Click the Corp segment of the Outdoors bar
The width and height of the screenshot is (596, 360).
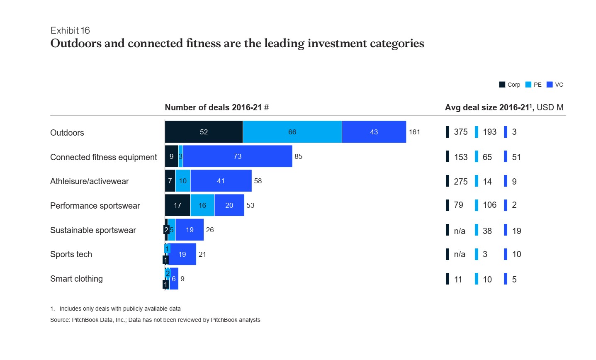pyautogui.click(x=204, y=132)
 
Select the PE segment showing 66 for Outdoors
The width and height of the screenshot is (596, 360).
pyautogui.click(x=292, y=132)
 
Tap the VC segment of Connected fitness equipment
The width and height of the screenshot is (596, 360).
pyautogui.click(x=237, y=156)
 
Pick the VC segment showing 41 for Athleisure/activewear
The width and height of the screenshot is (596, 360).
pyautogui.click(x=221, y=181)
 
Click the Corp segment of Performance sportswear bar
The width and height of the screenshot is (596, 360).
pyautogui.click(x=178, y=205)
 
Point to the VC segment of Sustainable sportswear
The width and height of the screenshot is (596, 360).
pyautogui.click(x=190, y=230)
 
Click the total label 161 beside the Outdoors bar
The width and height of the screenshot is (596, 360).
pyautogui.click(x=414, y=132)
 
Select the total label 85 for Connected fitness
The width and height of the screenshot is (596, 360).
pyautogui.click(x=298, y=156)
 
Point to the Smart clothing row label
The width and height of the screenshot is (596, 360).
pyautogui.click(x=76, y=279)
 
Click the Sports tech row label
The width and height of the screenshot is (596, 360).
pyautogui.click(x=71, y=254)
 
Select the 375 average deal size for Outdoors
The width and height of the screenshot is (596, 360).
pyautogui.click(x=460, y=132)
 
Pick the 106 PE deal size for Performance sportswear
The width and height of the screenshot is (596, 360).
pyautogui.click(x=489, y=205)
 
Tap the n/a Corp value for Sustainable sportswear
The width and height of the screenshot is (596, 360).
pyautogui.click(x=460, y=231)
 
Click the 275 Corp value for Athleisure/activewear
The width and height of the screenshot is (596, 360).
pyautogui.click(x=460, y=182)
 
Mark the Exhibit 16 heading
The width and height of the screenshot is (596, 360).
pyautogui.click(x=70, y=31)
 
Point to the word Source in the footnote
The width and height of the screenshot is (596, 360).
pyautogui.click(x=60, y=320)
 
